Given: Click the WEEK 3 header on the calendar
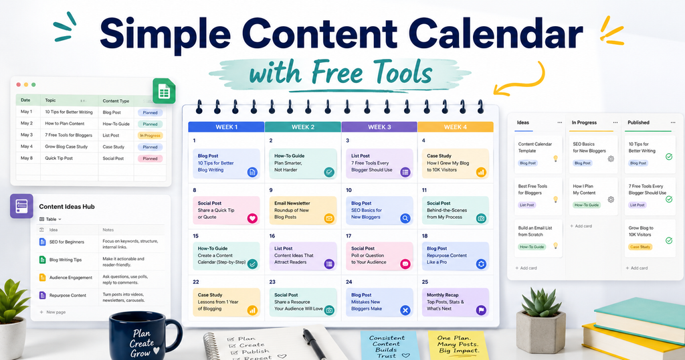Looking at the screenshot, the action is tap(379, 126).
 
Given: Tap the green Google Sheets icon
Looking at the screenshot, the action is tap(164, 91).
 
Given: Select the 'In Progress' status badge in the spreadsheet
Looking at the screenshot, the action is tap(151, 135).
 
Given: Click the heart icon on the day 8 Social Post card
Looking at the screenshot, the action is tap(252, 218).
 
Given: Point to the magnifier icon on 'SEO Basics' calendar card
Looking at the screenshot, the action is tap(405, 218).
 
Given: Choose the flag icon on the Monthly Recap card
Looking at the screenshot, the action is tap(480, 310).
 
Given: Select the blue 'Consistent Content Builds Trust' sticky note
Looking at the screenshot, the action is tap(388, 345).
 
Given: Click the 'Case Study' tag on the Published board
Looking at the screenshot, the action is tap(640, 247).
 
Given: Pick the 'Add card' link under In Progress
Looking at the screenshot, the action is tap(581, 226).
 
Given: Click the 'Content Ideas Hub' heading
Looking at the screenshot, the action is tap(67, 207).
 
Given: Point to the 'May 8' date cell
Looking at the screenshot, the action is tap(27, 158).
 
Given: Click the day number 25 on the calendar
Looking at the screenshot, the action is tap(425, 282).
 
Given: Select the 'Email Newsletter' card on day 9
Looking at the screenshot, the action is tap(303, 210).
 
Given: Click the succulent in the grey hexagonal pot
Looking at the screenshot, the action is tap(541, 302).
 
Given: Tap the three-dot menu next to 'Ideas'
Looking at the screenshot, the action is tap(560, 122).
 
